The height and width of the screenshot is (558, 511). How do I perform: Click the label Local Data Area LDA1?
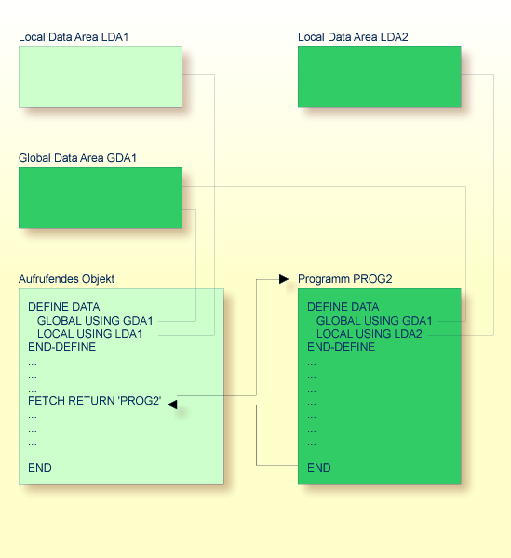[x=74, y=37]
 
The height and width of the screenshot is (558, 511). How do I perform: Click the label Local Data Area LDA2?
[x=353, y=37]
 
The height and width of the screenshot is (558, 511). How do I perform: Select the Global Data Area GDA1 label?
[x=77, y=158]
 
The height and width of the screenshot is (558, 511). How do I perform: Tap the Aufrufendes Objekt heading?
[x=66, y=279]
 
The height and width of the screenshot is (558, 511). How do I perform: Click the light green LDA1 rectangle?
[x=100, y=77]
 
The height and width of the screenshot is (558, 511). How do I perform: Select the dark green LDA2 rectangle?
[x=379, y=77]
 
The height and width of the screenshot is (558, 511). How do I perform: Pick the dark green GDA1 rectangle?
[x=100, y=198]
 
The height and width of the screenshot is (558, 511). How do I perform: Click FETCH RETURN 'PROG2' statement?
[x=95, y=401]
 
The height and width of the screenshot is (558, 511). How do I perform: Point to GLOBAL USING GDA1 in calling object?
[x=95, y=320]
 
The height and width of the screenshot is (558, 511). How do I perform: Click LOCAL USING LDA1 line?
[x=89, y=334]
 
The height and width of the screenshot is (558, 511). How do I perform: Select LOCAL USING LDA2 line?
[x=370, y=334]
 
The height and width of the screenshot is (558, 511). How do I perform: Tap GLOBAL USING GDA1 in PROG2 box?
[x=374, y=320]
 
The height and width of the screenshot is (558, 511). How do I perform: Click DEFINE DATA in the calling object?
[x=63, y=307]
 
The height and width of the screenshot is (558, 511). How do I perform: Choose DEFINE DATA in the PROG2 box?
[x=343, y=307]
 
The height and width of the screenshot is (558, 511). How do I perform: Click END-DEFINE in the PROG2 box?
[x=341, y=347]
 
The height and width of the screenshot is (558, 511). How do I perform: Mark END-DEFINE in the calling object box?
[x=61, y=347]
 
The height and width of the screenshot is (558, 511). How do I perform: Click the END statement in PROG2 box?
[x=318, y=468]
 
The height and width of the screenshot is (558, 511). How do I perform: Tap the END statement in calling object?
[x=40, y=468]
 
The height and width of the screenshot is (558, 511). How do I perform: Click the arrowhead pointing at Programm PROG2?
[x=284, y=278]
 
